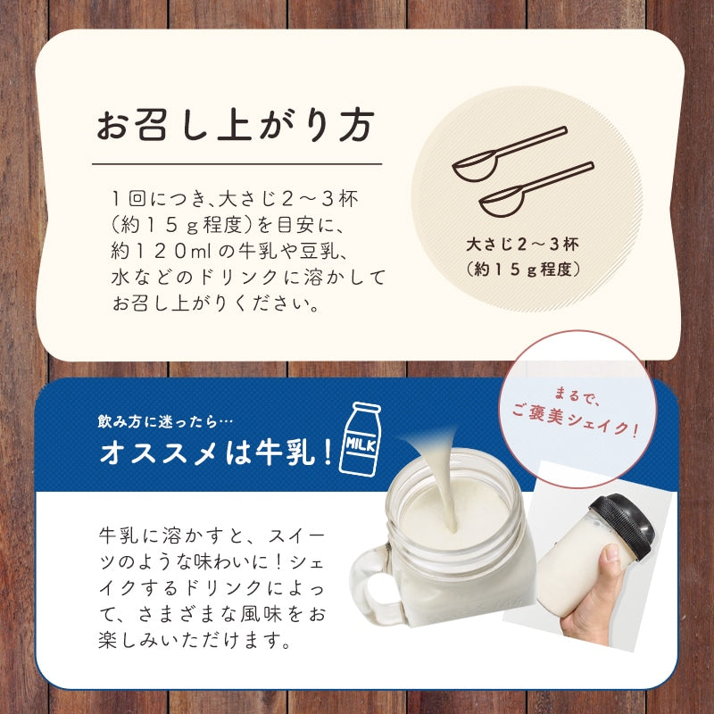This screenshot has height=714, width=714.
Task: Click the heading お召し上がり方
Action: tap(232, 127)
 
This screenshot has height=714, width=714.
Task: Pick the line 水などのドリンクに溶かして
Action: tap(249, 277)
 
